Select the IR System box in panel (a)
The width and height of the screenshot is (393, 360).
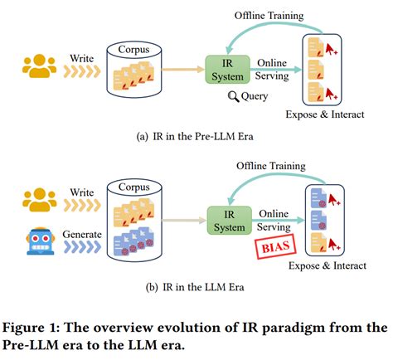[x=225, y=70]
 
